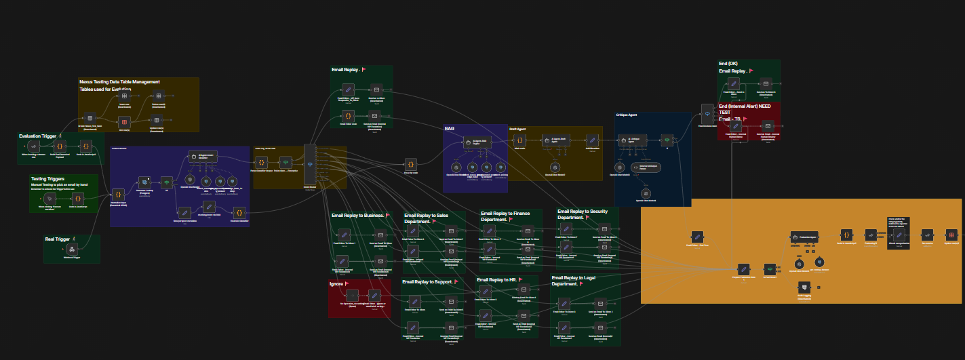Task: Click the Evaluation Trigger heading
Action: [37, 136]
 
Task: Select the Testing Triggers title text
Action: [47, 179]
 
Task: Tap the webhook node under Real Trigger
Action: [71, 249]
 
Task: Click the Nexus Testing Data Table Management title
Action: [119, 82]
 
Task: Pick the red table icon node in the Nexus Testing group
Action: [124, 122]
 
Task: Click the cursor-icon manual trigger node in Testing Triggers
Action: [50, 198]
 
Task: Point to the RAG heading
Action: [450, 128]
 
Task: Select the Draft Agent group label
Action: [519, 128]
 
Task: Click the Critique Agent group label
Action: [627, 115]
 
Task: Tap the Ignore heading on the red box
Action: [336, 283]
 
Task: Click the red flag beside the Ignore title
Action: [347, 283]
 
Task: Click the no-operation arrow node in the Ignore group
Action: [352, 295]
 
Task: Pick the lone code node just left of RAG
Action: [410, 163]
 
